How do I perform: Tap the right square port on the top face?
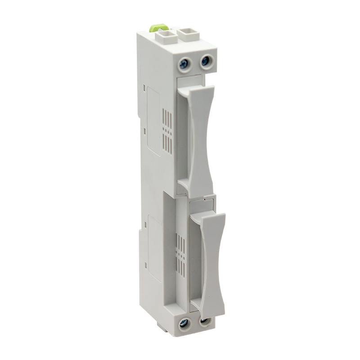[187, 33]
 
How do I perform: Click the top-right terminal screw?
[206, 60]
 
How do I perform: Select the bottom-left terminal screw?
[184, 322]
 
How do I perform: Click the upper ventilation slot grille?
[167, 130]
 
